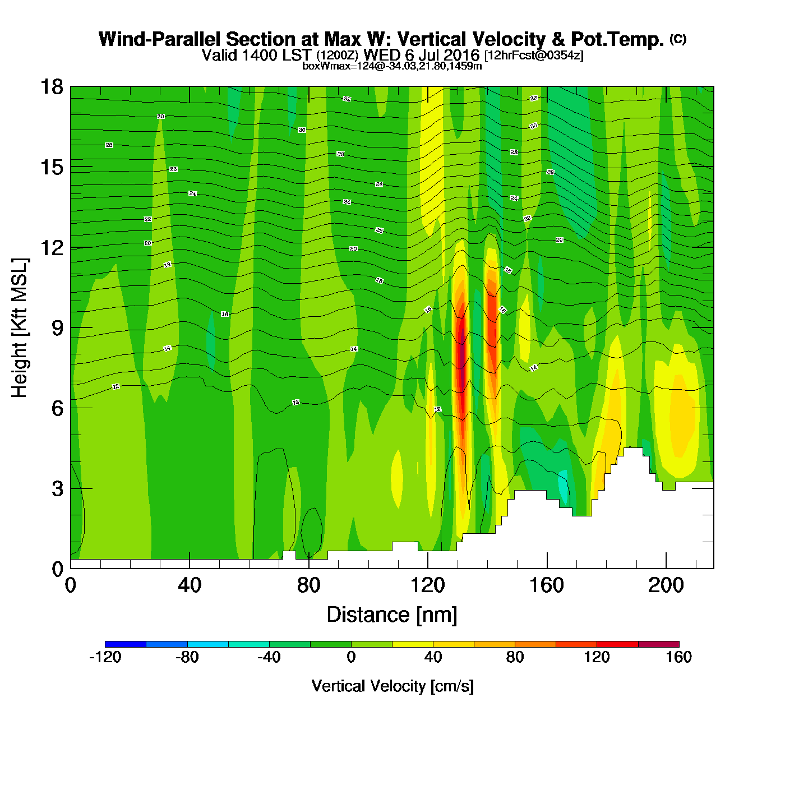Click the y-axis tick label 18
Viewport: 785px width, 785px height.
click(52, 87)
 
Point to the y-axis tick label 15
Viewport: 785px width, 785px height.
click(52, 167)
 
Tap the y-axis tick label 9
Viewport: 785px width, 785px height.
click(57, 328)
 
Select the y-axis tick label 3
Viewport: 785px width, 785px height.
click(57, 489)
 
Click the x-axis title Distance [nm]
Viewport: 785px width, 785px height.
click(392, 615)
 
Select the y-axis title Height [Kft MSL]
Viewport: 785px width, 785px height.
click(20, 328)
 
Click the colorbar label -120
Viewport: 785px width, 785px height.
click(105, 657)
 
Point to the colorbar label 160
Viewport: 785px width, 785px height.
click(678, 657)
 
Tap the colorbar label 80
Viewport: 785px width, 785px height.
click(515, 657)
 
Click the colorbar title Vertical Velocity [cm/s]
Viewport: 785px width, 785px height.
click(392, 686)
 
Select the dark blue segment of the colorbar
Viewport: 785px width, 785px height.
click(126, 644)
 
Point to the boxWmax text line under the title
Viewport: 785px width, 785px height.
click(392, 66)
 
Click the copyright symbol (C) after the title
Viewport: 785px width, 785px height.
click(678, 39)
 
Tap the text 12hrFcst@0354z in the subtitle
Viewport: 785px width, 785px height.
click(534, 56)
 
